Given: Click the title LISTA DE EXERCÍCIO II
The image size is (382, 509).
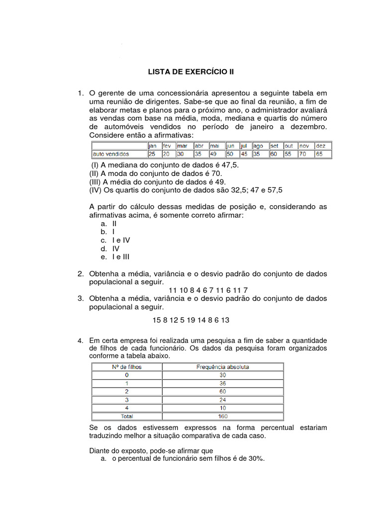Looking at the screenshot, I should [191, 72].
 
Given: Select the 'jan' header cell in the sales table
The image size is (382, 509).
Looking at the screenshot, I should [152, 146].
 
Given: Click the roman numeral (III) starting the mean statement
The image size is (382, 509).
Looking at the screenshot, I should [95, 181].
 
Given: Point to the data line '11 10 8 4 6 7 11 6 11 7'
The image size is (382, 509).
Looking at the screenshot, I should [208, 290].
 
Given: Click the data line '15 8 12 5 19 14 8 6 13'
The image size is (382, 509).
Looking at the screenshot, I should [191, 320].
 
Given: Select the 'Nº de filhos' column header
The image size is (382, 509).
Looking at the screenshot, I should [126, 367].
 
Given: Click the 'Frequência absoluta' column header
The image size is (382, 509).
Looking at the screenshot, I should [223, 367].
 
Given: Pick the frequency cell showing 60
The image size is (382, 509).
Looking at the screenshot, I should [223, 392].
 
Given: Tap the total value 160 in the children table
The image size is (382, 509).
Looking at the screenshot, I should [223, 416].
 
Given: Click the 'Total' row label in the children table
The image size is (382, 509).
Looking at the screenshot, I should [126, 416].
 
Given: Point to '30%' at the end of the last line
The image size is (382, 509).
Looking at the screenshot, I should [256, 459].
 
